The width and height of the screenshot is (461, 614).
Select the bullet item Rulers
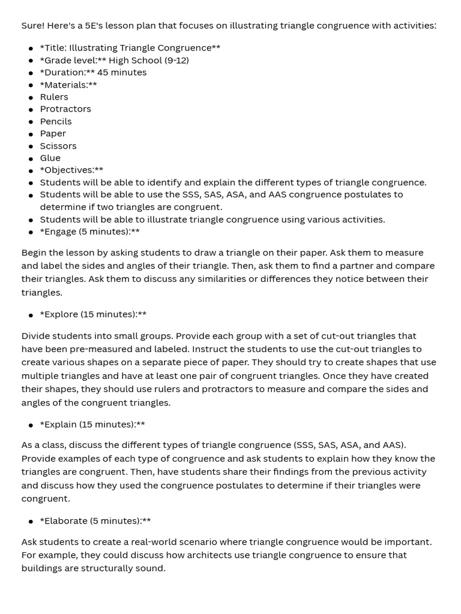tap(54, 97)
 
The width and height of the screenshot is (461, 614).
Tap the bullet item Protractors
tap(65, 109)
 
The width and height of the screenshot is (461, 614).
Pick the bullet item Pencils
tap(56, 121)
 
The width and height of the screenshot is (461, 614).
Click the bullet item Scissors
tap(58, 146)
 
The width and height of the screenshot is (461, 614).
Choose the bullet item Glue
tap(50, 158)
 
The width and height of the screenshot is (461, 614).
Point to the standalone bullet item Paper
tap(53, 133)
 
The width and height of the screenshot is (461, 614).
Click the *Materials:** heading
tap(68, 85)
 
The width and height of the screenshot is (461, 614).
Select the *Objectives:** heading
tap(71, 170)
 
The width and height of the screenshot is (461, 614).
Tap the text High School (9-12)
tap(149, 60)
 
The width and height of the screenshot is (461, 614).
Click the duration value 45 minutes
tap(122, 72)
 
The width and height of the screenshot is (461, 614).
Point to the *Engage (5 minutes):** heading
tap(90, 231)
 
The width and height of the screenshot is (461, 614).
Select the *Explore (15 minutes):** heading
tap(93, 314)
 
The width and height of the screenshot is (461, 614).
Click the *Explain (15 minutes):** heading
tap(92, 425)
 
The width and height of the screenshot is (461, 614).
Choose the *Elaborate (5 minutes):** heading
tap(95, 521)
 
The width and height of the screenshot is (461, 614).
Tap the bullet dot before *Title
tap(31, 48)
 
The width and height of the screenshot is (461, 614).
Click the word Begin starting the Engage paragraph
tap(35, 252)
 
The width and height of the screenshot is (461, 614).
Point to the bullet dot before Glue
tap(31, 158)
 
